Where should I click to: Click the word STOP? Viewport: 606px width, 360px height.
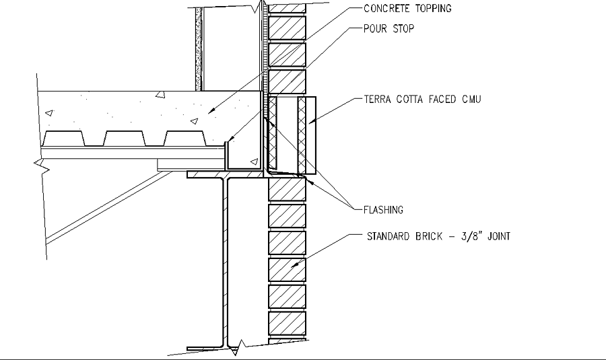[x=403, y=29]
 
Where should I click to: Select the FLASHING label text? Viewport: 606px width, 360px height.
[x=383, y=210]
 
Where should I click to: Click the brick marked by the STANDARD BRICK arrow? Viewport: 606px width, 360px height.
[x=288, y=269]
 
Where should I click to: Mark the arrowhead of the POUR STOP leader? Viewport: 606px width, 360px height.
[x=228, y=139]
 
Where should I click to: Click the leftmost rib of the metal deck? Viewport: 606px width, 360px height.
[x=63, y=138]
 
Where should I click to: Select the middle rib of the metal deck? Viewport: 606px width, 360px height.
[x=124, y=138]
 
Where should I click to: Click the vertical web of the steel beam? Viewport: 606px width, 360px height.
[x=228, y=262]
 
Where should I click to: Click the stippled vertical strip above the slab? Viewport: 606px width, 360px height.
[x=198, y=50]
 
